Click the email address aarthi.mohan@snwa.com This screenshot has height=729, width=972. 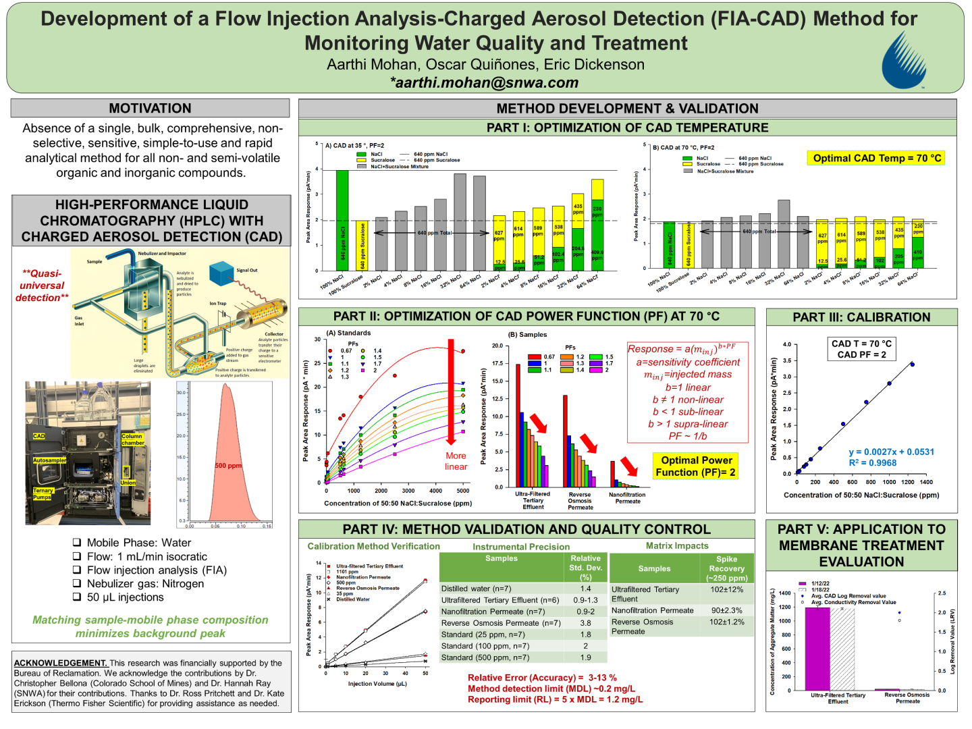pyautogui.click(x=484, y=82)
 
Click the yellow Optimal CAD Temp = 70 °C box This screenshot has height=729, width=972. pyautogui.click(x=876, y=158)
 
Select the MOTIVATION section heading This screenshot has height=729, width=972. pyautogui.click(x=150, y=108)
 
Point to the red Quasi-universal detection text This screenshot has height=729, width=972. pyautogui.click(x=42, y=286)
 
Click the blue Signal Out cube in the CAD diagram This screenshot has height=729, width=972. pyautogui.click(x=221, y=273)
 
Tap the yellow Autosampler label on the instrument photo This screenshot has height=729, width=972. pyautogui.click(x=49, y=460)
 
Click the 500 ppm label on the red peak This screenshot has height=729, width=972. pyautogui.click(x=228, y=466)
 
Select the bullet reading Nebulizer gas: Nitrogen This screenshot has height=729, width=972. pyautogui.click(x=145, y=583)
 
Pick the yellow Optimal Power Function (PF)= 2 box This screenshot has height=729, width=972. pyautogui.click(x=696, y=466)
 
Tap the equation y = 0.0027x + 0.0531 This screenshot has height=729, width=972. pyautogui.click(x=891, y=452)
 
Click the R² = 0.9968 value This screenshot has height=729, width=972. pyautogui.click(x=873, y=463)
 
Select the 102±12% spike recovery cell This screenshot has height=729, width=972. pyautogui.click(x=726, y=589)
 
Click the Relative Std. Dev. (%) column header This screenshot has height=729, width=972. pyautogui.click(x=585, y=568)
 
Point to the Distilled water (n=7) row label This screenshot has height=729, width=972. pyautogui.click(x=476, y=589)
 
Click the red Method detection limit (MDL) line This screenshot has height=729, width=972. pyautogui.click(x=551, y=688)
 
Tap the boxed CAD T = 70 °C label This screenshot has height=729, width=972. pyautogui.click(x=861, y=344)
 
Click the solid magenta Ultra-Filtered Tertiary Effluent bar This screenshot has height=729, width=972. pyautogui.click(x=817, y=648)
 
